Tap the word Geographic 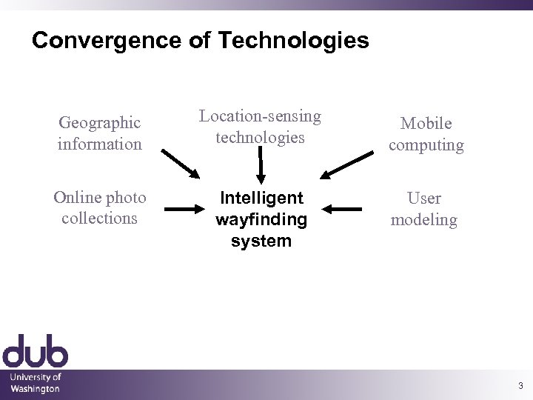click(99, 122)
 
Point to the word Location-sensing click(260, 116)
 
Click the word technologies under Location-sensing click(260, 136)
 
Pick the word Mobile click(426, 124)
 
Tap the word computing click(426, 144)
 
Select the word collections click(99, 218)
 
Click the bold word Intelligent click(261, 198)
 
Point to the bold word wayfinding click(261, 219)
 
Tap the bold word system click(261, 241)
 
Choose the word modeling click(424, 219)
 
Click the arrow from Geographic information click(181, 163)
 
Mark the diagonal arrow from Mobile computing click(348, 164)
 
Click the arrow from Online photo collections click(183, 210)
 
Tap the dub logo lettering click(35, 352)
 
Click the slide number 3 click(520, 385)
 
